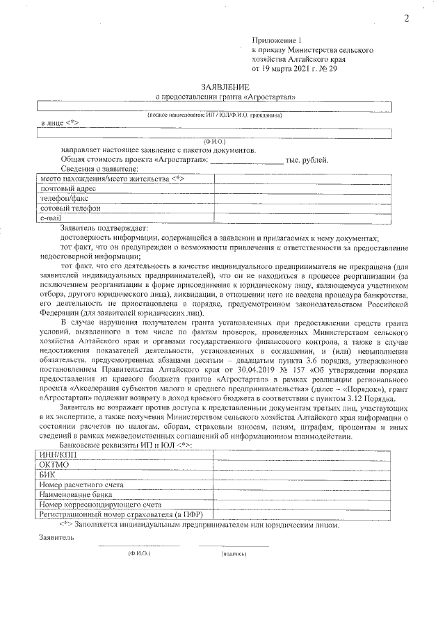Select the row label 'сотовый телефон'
[70, 208]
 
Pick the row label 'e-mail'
[51, 218]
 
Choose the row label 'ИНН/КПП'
[58, 454]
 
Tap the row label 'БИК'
[48, 474]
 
